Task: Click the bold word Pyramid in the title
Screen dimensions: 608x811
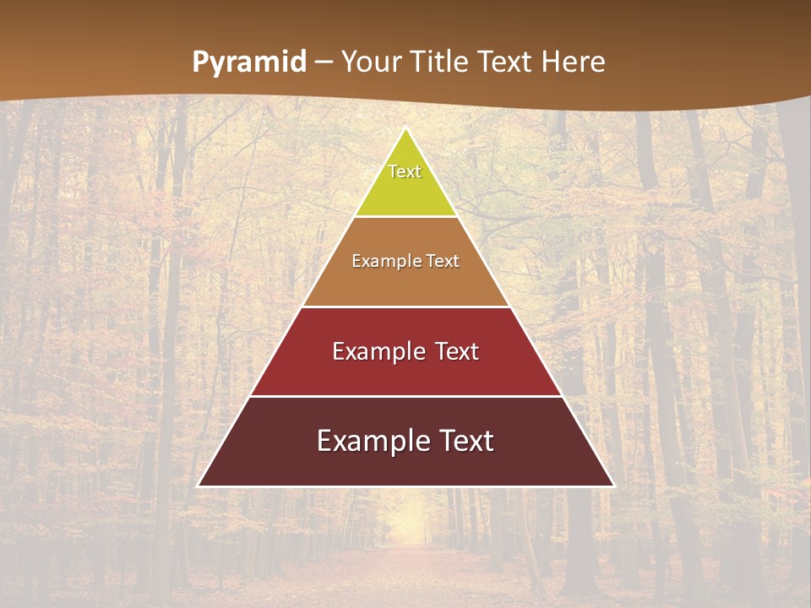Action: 249,62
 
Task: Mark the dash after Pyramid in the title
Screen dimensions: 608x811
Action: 324,62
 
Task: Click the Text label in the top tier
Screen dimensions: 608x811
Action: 405,171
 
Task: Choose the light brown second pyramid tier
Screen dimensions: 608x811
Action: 405,283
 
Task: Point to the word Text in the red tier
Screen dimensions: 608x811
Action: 457,351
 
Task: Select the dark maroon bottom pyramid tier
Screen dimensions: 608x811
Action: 405,464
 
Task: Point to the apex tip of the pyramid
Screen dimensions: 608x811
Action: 405,129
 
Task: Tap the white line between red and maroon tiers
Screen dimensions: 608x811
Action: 405,396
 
